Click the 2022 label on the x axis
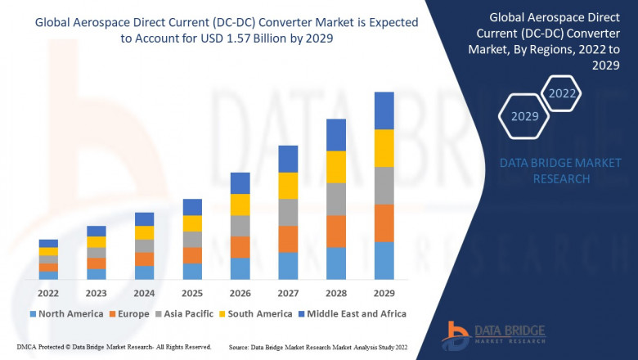point(48,293)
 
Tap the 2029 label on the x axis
point(384,293)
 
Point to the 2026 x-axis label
point(240,293)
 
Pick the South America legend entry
point(257,313)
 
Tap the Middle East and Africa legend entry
point(354,313)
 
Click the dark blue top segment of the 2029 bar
point(384,110)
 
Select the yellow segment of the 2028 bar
point(335,167)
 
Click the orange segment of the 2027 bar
point(288,239)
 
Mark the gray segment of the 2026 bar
point(240,226)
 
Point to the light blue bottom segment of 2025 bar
point(192,272)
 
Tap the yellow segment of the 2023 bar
point(97,241)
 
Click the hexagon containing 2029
point(524,116)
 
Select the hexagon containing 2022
point(562,93)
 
